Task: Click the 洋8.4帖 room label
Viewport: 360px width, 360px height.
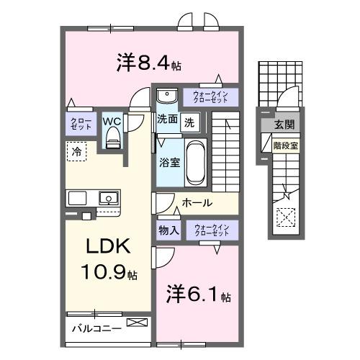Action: (x=148, y=63)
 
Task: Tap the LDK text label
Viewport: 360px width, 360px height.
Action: (x=108, y=247)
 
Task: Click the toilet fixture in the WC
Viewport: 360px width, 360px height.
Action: (x=112, y=140)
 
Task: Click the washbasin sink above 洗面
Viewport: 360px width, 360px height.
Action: (x=167, y=96)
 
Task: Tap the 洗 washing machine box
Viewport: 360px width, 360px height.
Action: (x=188, y=122)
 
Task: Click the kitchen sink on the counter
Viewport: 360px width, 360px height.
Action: (x=108, y=197)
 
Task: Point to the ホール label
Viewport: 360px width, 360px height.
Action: (x=197, y=203)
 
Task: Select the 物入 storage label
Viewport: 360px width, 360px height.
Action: (x=168, y=230)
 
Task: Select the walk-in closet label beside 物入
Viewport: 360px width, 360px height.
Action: (x=211, y=230)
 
